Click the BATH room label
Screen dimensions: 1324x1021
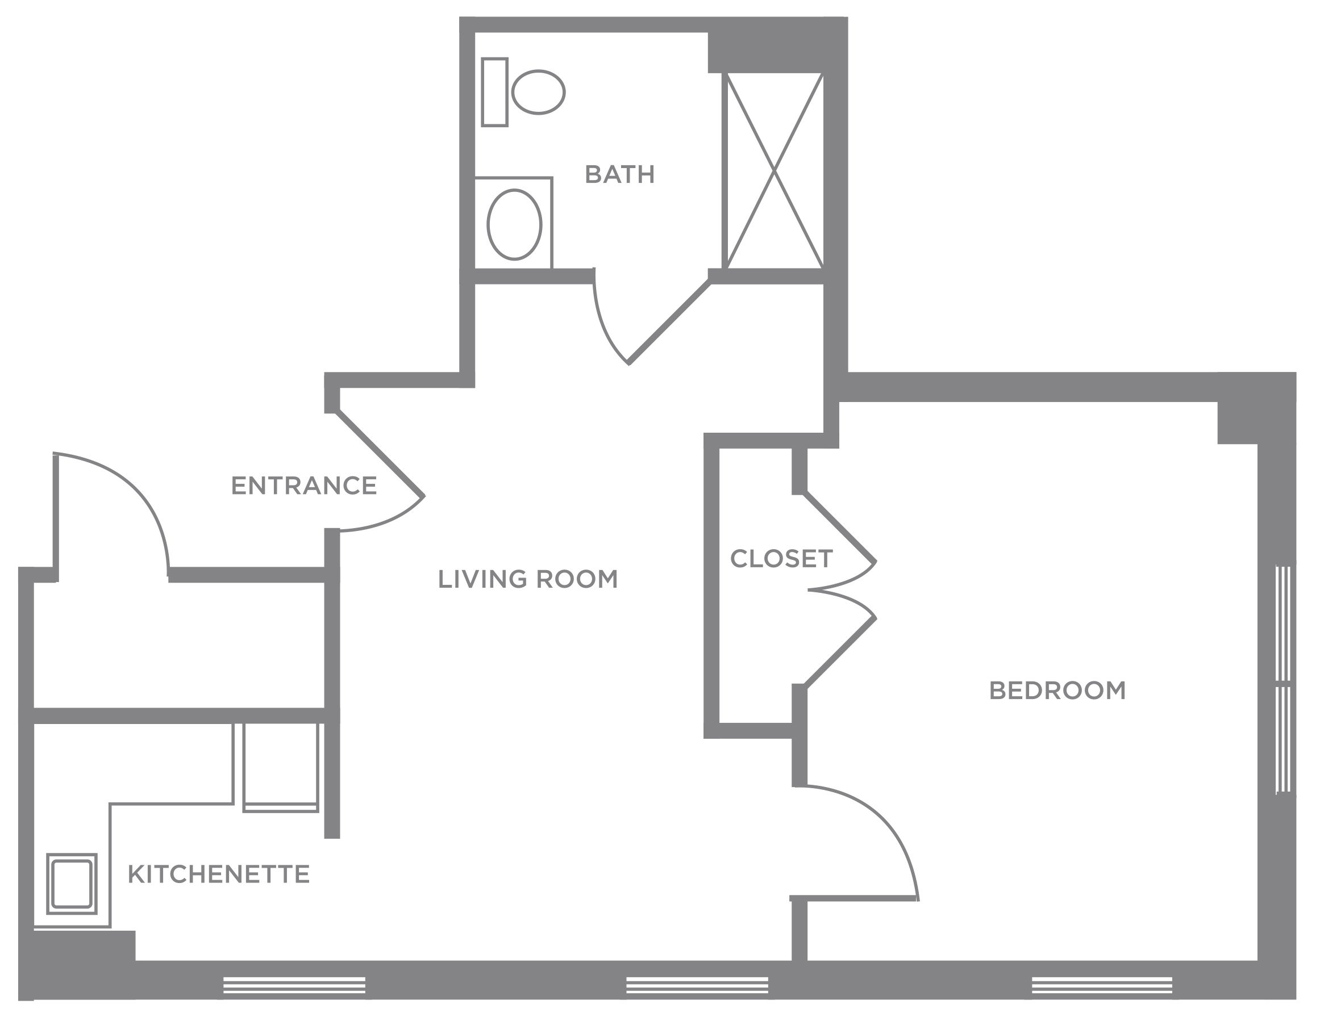tap(619, 174)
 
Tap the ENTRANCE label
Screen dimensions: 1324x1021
tap(303, 486)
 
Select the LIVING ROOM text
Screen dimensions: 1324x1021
tap(527, 579)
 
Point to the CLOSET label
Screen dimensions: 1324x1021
tap(781, 559)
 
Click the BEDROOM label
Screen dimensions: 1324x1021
tap(1057, 691)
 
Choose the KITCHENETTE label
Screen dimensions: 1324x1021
tap(219, 874)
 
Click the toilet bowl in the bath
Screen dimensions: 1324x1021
tap(538, 92)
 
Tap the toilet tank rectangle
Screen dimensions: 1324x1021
tap(495, 92)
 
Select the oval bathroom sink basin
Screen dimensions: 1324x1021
tap(514, 224)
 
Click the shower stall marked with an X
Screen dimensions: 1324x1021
tap(774, 170)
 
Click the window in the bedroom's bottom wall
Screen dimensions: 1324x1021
tap(1102, 985)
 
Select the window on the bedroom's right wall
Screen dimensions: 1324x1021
tap(1283, 679)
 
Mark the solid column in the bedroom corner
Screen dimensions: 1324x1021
tap(1238, 422)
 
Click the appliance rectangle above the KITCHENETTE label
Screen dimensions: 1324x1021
tap(281, 767)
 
